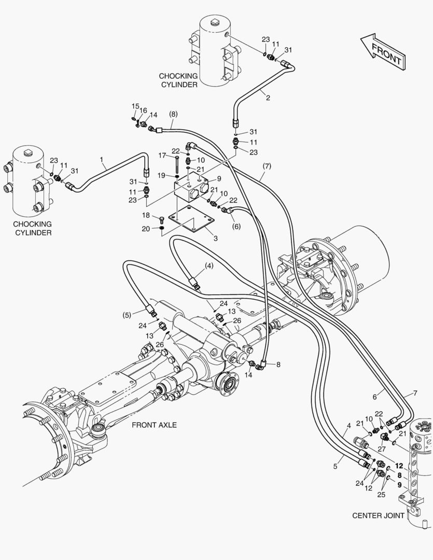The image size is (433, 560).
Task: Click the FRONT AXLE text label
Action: (x=154, y=425)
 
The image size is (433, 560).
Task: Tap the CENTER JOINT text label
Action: (x=378, y=515)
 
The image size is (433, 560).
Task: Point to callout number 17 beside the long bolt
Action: (x=162, y=156)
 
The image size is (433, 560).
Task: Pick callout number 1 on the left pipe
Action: (x=102, y=159)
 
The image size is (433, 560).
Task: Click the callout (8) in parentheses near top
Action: (x=173, y=114)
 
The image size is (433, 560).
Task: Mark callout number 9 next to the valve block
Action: (x=219, y=178)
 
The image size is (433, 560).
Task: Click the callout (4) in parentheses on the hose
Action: (x=209, y=265)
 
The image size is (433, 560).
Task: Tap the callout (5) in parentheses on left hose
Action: (x=127, y=314)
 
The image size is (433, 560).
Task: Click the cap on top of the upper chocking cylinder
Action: (x=214, y=22)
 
